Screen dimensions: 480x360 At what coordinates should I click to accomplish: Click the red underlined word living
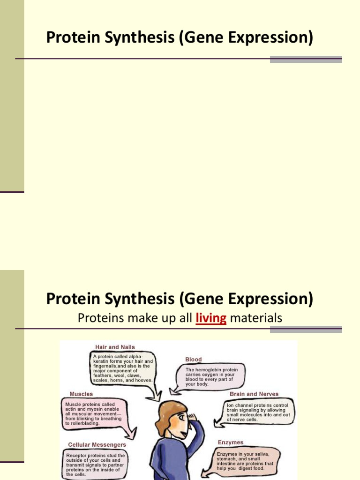211,318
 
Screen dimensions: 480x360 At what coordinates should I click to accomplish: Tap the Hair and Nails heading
115,347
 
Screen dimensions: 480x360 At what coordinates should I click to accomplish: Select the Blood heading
193,360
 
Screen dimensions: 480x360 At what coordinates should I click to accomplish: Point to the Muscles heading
81,394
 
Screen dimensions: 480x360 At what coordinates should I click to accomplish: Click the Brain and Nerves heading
254,394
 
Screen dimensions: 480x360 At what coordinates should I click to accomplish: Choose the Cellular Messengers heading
97,444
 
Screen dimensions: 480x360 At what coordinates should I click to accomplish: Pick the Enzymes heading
230,442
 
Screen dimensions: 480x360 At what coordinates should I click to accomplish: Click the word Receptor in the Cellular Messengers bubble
76,455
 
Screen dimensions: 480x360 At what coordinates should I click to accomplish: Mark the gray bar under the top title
306,60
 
